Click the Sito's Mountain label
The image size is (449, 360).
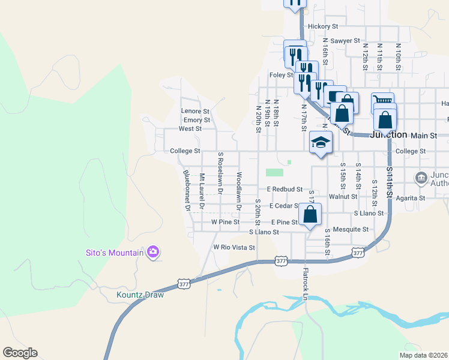(113, 253)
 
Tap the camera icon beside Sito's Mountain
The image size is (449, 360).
(153, 252)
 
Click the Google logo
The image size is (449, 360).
(20, 353)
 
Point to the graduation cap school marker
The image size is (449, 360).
(321, 143)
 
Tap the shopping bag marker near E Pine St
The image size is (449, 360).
(310, 215)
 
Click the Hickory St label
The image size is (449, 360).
(323, 26)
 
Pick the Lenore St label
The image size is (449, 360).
(195, 111)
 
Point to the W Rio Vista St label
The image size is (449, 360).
(234, 247)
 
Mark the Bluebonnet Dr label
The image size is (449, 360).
(187, 190)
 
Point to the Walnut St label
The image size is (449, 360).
(343, 196)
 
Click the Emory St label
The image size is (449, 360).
(197, 120)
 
